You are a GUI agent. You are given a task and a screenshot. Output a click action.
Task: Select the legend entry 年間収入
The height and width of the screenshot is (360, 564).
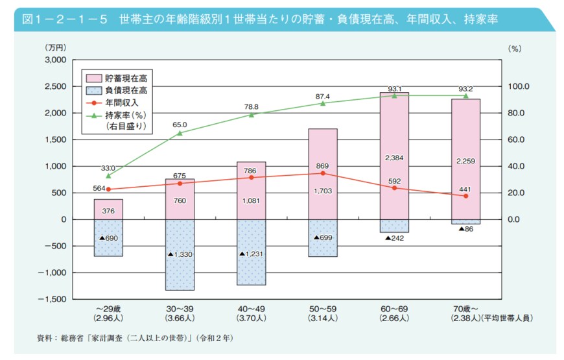tap(126, 102)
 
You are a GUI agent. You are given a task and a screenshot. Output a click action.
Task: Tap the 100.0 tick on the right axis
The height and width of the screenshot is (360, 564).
tap(519, 86)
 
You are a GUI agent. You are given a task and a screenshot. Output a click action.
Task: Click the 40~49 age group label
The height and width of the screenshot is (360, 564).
tap(251, 309)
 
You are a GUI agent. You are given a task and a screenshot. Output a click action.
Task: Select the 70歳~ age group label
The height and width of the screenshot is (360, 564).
tap(465, 309)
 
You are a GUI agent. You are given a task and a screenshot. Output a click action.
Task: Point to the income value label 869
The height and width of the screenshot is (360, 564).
tap(322, 166)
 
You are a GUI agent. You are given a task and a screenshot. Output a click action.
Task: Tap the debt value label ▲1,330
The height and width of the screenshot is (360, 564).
tap(180, 254)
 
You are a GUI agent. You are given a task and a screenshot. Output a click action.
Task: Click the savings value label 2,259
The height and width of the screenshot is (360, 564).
tap(465, 161)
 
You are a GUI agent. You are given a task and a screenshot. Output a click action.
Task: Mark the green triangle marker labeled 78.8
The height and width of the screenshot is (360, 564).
tap(252, 114)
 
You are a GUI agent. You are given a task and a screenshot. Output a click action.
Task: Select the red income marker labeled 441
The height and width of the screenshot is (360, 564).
tap(465, 196)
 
